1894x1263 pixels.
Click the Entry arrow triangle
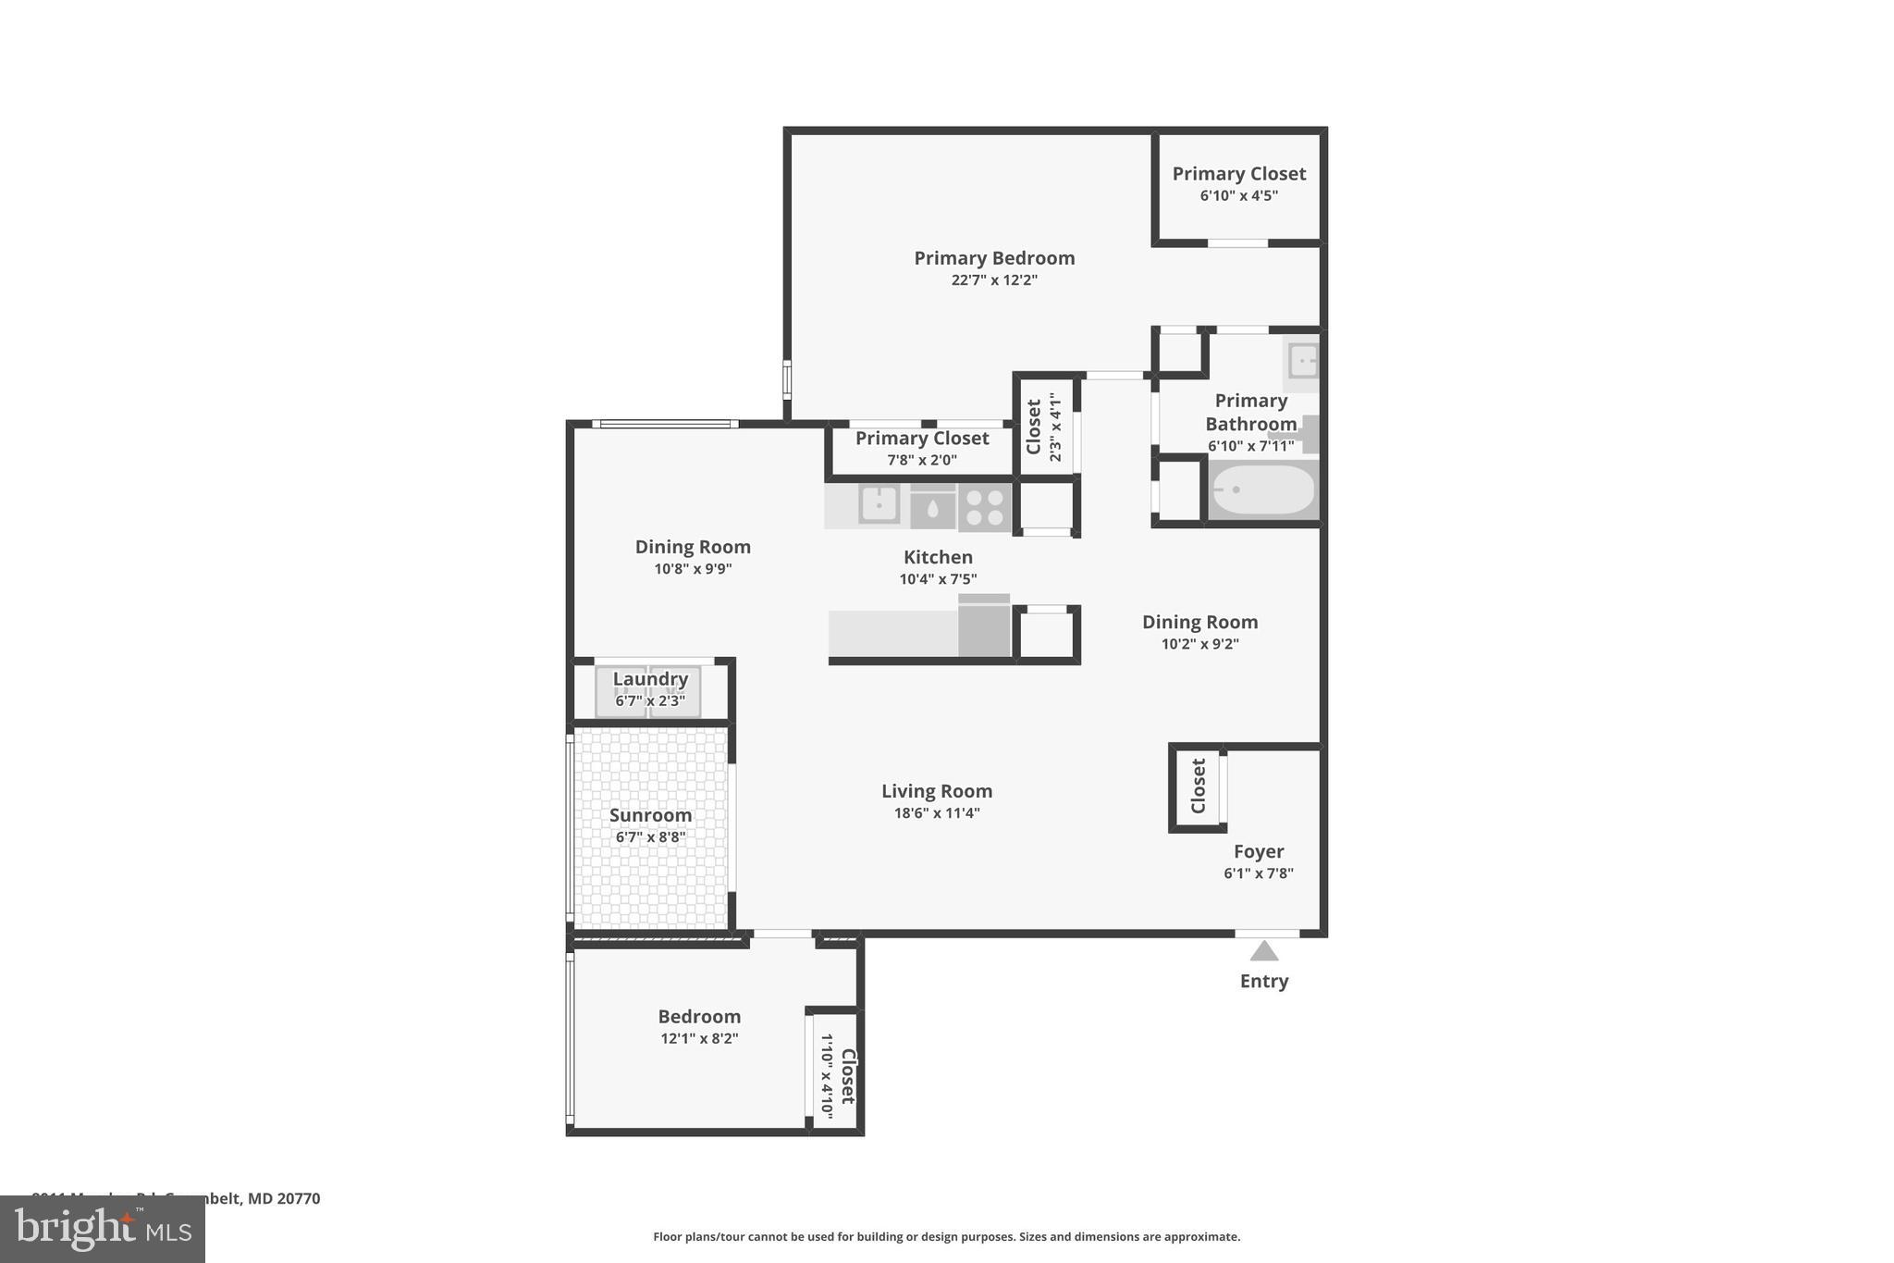(x=1263, y=951)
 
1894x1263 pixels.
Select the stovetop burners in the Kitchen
(x=985, y=507)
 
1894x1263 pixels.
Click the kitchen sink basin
(x=879, y=505)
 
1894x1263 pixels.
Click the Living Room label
(x=936, y=791)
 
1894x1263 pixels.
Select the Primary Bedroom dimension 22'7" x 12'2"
(x=994, y=280)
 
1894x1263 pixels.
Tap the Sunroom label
(x=650, y=815)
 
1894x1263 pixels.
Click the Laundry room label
(x=650, y=679)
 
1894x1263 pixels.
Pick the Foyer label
(x=1258, y=851)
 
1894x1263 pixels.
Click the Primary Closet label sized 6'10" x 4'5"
(x=1238, y=174)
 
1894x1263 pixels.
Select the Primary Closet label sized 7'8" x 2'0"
(x=921, y=439)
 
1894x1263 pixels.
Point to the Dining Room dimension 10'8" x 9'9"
(x=693, y=569)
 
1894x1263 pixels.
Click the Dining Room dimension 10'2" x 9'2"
(x=1199, y=644)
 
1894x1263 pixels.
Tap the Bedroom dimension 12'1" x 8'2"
(x=698, y=1038)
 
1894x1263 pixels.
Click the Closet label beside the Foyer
(x=1199, y=786)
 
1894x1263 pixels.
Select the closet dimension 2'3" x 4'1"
(x=1055, y=427)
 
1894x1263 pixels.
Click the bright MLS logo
(x=103, y=1229)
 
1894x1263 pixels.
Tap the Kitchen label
(x=938, y=557)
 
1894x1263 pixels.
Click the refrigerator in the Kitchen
(x=984, y=626)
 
